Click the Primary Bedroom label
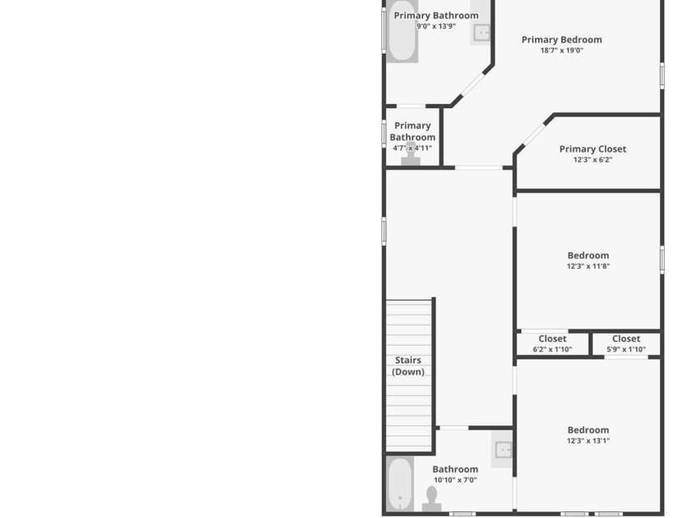tap(561, 39)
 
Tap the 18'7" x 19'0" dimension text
tap(561, 50)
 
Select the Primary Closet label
tap(593, 149)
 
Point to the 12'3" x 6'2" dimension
tap(593, 160)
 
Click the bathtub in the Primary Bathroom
tap(402, 31)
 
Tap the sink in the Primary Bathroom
tap(481, 32)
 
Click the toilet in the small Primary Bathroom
tap(411, 154)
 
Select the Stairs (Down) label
tap(408, 366)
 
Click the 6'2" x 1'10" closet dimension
tap(552, 349)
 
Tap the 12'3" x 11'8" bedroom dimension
tap(589, 266)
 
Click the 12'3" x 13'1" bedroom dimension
tap(589, 440)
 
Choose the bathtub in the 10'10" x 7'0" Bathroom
tap(400, 484)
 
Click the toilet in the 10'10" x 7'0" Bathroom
tap(432, 499)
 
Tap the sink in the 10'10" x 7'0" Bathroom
tap(502, 450)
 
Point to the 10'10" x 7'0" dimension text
tap(455, 480)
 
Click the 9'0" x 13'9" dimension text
tap(436, 26)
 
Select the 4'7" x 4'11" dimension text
tap(412, 148)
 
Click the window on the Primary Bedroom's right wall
tap(662, 75)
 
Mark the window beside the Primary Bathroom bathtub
tap(384, 30)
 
